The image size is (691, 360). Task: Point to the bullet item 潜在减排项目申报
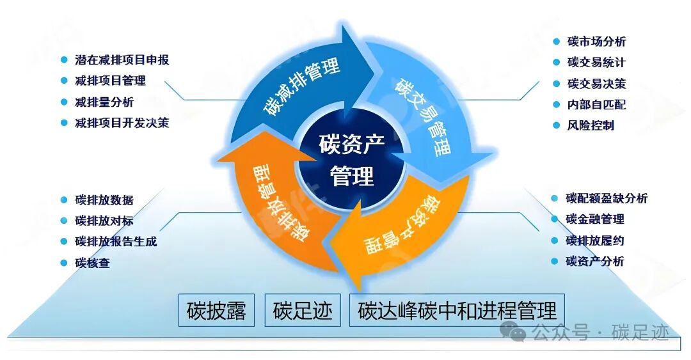click(122, 60)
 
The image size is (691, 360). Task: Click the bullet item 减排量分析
click(104, 102)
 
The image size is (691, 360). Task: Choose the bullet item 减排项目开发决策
click(122, 123)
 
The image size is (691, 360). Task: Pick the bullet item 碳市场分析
click(596, 42)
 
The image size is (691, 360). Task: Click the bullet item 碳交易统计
click(596, 63)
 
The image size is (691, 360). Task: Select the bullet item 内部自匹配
click(596, 104)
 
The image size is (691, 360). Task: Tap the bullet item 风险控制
click(591, 125)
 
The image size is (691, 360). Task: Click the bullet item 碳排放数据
click(104, 200)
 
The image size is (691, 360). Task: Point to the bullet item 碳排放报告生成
click(116, 242)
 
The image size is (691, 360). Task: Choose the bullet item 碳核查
click(92, 263)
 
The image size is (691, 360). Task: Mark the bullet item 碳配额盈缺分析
click(607, 199)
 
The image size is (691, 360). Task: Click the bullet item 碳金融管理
click(595, 219)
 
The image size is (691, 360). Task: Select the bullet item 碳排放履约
click(595, 240)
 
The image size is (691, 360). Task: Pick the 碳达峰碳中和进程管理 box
click(457, 310)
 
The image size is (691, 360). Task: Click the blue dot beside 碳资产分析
click(555, 261)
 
